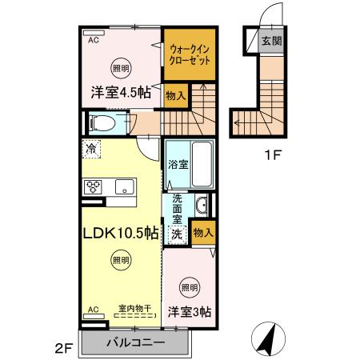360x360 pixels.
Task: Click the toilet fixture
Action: [x=102, y=122]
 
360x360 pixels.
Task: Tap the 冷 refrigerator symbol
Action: [x=93, y=148]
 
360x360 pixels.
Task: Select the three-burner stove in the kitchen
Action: [x=93, y=188]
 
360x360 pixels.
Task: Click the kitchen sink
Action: [x=124, y=187]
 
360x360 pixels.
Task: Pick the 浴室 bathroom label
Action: [x=178, y=165]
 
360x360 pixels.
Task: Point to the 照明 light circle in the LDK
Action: [x=120, y=259]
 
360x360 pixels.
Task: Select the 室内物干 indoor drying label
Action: [x=134, y=307]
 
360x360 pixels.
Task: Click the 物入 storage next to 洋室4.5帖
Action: [x=176, y=96]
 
